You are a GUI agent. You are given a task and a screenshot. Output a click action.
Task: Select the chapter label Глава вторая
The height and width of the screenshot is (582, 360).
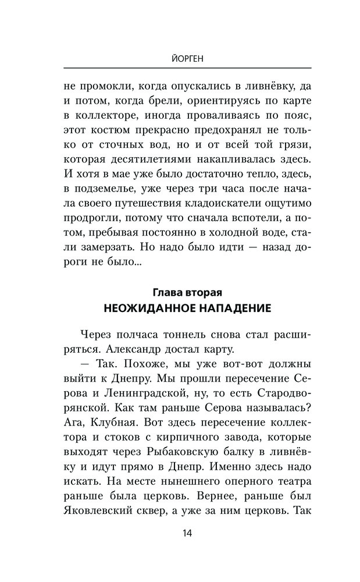(x=180, y=292)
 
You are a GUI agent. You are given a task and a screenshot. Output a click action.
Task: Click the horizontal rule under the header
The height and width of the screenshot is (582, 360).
(x=180, y=70)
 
